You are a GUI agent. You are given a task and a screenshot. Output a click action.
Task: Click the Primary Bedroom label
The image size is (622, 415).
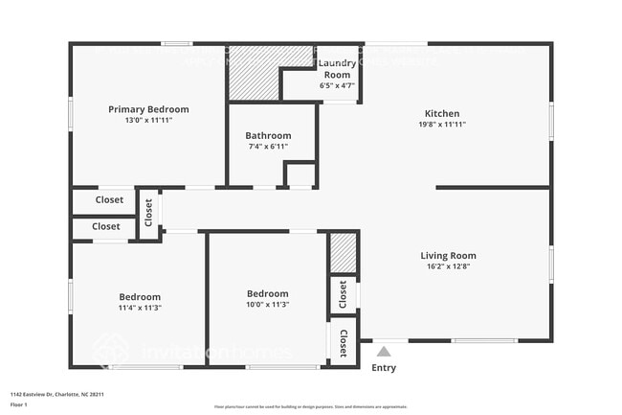click(x=148, y=109)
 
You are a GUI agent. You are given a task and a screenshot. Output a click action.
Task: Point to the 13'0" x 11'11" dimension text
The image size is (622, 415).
click(x=148, y=121)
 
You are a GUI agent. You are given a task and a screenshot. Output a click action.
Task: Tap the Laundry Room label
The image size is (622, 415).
click(x=337, y=69)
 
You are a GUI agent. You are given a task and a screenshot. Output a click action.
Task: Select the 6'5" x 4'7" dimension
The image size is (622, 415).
click(x=337, y=86)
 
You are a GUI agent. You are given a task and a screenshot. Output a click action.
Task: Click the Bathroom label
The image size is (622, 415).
click(x=267, y=135)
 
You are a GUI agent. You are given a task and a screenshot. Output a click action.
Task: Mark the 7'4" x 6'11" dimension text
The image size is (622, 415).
click(x=267, y=148)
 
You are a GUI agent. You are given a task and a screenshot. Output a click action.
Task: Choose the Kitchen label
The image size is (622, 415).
click(x=442, y=113)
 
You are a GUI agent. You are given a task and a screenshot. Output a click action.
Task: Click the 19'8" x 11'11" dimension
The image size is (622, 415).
click(x=442, y=125)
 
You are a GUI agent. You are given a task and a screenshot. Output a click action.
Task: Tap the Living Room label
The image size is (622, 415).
click(x=448, y=255)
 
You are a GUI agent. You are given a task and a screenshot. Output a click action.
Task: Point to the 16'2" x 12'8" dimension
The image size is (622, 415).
click(x=448, y=267)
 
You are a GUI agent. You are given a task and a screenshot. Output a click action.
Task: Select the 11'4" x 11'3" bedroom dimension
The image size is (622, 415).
click(x=140, y=308)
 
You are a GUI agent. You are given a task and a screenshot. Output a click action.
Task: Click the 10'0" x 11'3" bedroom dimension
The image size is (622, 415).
click(x=267, y=305)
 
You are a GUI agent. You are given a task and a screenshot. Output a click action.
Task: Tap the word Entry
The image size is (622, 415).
click(x=384, y=368)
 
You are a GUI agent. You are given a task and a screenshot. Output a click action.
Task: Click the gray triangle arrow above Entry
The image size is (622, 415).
click(x=384, y=352)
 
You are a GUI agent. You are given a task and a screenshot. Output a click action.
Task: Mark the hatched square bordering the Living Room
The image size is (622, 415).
click(x=343, y=254)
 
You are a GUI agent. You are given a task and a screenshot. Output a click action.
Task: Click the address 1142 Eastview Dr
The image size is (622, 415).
click(x=57, y=394)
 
